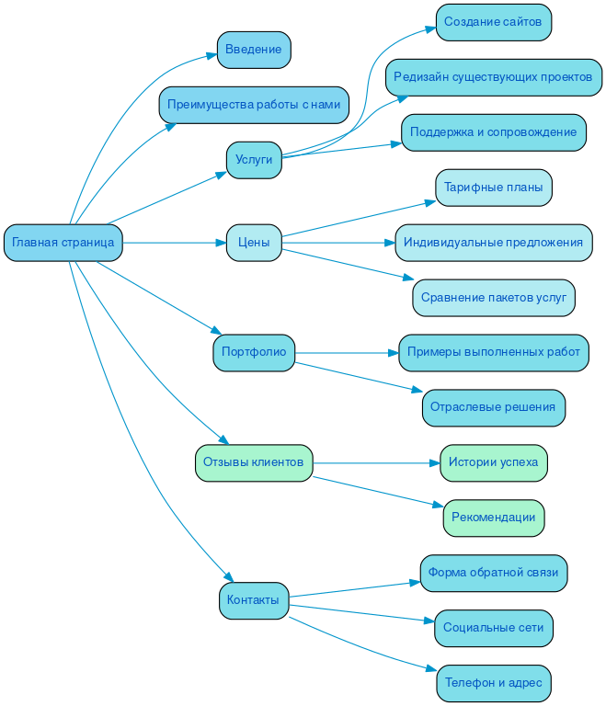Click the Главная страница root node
[63, 243]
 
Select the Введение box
[254, 50]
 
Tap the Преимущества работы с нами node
[254, 105]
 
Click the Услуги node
[254, 160]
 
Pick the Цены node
[254, 243]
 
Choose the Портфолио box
[254, 353]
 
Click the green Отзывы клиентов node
[254, 462]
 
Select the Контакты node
[254, 600]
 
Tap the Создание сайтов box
[493, 22]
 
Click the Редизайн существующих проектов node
[493, 77]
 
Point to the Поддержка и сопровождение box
[493, 132]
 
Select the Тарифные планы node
[493, 188]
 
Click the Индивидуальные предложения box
[493, 243]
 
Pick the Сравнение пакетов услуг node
[493, 298]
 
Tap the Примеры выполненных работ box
[493, 353]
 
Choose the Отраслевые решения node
[493, 407]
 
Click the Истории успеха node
[493, 462]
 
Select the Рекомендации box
[493, 518]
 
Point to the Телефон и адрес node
[493, 683]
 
